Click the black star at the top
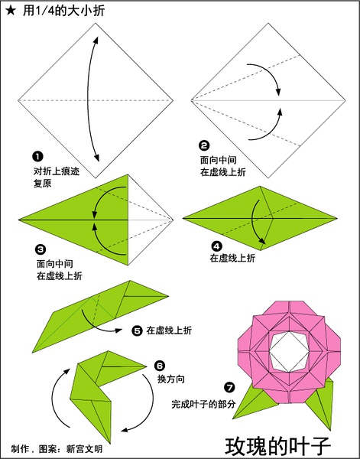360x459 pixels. [10, 11]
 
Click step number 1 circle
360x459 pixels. [37, 156]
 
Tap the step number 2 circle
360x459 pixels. [204, 145]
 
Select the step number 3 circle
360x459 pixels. [41, 249]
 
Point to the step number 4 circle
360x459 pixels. [217, 246]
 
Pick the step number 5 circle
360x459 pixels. [137, 330]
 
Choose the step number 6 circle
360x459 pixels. [160, 366]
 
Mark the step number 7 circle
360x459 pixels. [229, 388]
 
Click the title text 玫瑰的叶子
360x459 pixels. [277, 447]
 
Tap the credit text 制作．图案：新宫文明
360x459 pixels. [57, 449]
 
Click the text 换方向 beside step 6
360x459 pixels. [171, 379]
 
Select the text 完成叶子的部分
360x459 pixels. [203, 404]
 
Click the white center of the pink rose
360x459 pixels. [289, 351]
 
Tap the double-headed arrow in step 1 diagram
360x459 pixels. [88, 99]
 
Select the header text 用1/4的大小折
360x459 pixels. [63, 11]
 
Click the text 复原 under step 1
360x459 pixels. [43, 184]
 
